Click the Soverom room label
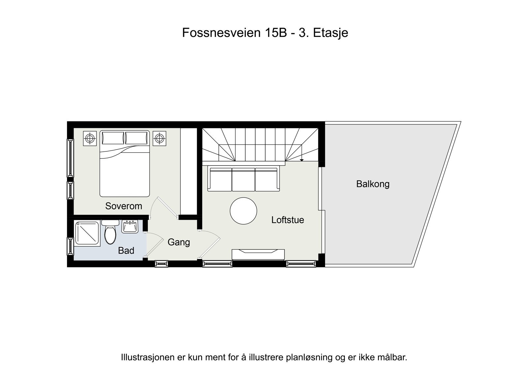[x=123, y=206]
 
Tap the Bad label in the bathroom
[x=126, y=251]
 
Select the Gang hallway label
[x=179, y=242]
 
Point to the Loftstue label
[x=287, y=220]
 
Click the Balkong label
[x=373, y=184]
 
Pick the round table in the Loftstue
[x=243, y=211]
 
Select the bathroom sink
[x=130, y=227]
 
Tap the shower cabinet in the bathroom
[x=87, y=233]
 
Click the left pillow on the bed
[x=113, y=138]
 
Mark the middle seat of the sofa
[x=243, y=179]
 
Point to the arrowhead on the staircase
[x=302, y=160]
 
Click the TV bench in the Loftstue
[x=258, y=254]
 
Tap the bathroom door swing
[x=153, y=244]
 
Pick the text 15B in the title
[x=275, y=33]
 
